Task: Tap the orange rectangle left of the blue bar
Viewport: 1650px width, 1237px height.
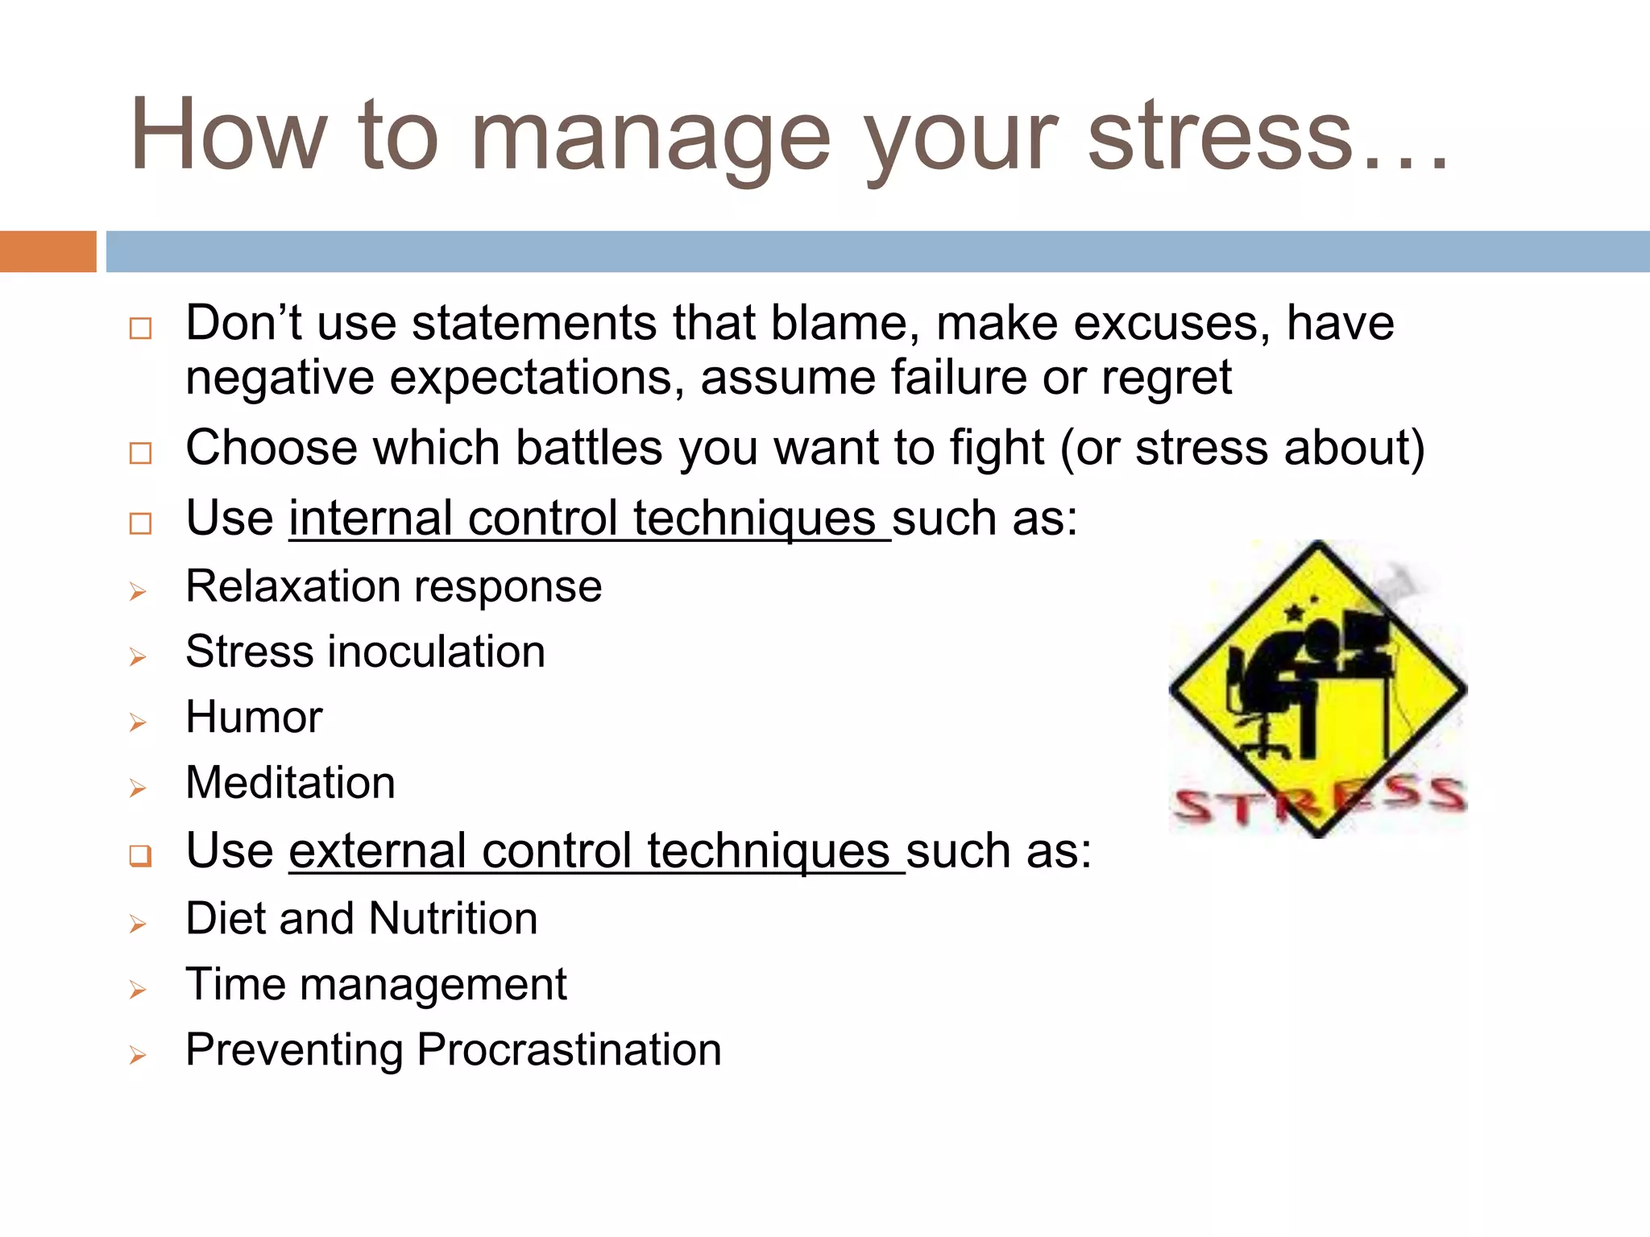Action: (x=48, y=251)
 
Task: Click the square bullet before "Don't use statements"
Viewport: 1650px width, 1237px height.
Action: (x=140, y=328)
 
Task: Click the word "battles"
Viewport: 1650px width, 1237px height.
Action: (x=589, y=448)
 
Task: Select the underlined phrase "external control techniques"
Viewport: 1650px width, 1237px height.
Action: (x=596, y=850)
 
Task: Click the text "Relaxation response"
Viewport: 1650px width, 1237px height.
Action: (x=393, y=586)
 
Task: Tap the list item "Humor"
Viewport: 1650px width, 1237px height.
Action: (x=254, y=717)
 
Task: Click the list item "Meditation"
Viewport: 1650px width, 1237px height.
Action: (x=290, y=783)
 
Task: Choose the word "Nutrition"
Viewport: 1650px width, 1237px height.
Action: (x=453, y=918)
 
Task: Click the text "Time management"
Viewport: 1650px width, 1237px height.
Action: (x=375, y=984)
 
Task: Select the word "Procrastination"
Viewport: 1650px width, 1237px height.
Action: (x=568, y=1050)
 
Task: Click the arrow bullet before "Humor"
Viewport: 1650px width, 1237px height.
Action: (x=138, y=722)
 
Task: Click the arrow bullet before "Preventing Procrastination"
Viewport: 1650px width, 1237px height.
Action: (x=138, y=1055)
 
